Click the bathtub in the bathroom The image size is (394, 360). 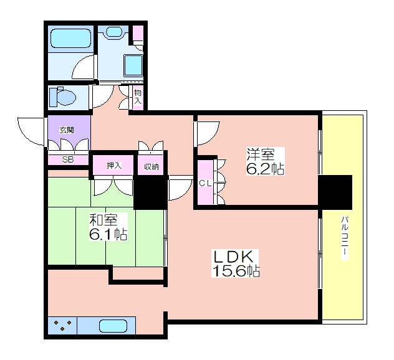point(71,38)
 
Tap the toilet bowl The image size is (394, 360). point(63,97)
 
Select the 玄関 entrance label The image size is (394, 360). point(67,130)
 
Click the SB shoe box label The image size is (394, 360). point(68,159)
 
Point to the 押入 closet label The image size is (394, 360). point(114,166)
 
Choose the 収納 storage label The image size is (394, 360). point(151,167)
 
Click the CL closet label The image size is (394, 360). point(205,183)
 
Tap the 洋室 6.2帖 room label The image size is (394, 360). point(266,161)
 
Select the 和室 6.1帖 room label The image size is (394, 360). point(108,227)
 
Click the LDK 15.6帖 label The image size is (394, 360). point(236,263)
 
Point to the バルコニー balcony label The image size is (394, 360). point(345,239)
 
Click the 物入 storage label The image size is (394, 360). point(138,97)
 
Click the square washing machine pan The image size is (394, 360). point(133,65)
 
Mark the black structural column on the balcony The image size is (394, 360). point(335,192)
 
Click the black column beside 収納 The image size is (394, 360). point(150,192)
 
